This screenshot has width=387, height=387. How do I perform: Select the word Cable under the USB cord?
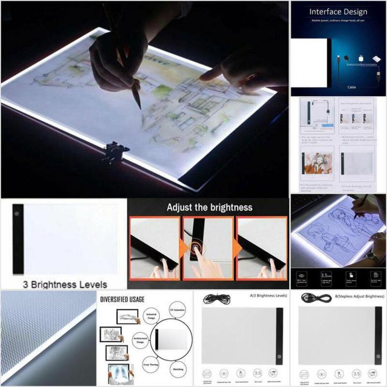tap(352, 87)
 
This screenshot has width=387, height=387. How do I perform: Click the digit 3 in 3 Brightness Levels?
tap(25, 284)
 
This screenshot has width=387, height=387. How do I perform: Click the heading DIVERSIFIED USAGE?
tap(122, 299)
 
